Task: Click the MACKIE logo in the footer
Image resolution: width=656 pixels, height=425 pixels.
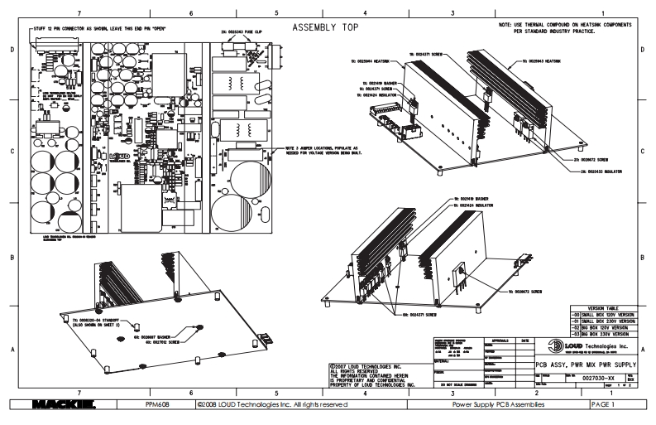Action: click(x=79, y=405)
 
